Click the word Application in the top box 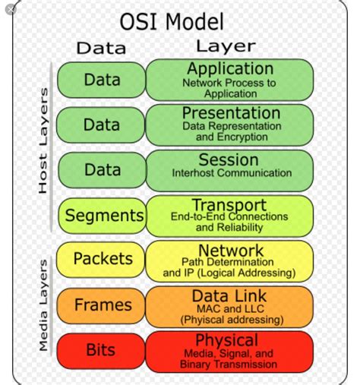click(x=230, y=69)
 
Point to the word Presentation click(x=229, y=113)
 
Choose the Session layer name click(x=229, y=159)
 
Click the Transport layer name click(x=229, y=205)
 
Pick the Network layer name click(x=230, y=250)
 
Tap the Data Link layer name click(x=229, y=295)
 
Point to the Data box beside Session click(x=102, y=170)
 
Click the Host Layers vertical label click(x=43, y=140)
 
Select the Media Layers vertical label click(x=43, y=305)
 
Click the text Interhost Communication click(x=232, y=173)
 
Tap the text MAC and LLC click(x=229, y=308)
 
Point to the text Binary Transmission click(x=229, y=364)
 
